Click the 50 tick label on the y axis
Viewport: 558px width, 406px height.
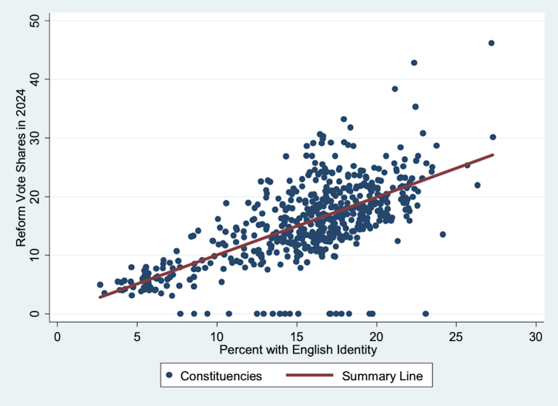click(x=36, y=21)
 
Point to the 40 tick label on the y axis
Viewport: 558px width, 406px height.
click(x=36, y=79)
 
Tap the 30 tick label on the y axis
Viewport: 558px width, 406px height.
click(x=36, y=138)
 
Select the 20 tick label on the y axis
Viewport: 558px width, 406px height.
click(x=36, y=196)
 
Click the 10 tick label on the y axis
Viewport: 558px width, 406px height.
click(x=36, y=254)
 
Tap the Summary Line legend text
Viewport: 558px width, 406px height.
click(x=382, y=376)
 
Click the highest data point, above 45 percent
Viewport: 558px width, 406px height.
click(x=491, y=43)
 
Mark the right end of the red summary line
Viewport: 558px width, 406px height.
click(x=493, y=155)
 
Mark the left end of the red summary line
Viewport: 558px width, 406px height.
click(x=100, y=297)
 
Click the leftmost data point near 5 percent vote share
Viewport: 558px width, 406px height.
click(x=100, y=284)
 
